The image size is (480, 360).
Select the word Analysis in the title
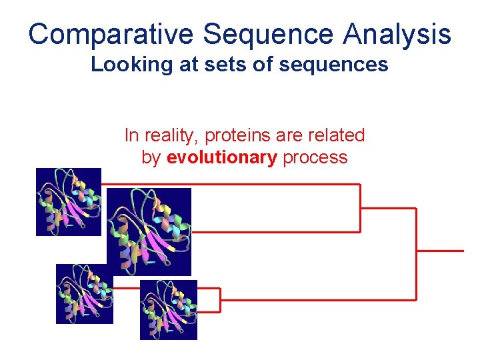tap(398, 34)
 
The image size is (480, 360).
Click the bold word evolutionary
tap(221, 157)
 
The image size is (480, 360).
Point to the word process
tap(315, 157)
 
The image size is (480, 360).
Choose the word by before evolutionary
tap(151, 157)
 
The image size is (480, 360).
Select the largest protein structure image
tap(149, 231)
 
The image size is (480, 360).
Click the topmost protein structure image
tap(68, 201)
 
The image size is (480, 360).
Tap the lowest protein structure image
tap(168, 309)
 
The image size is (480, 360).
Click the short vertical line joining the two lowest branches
tap(220, 299)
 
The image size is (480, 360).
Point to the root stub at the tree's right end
tap(440, 251)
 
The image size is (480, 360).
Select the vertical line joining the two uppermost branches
tap(360, 208)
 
